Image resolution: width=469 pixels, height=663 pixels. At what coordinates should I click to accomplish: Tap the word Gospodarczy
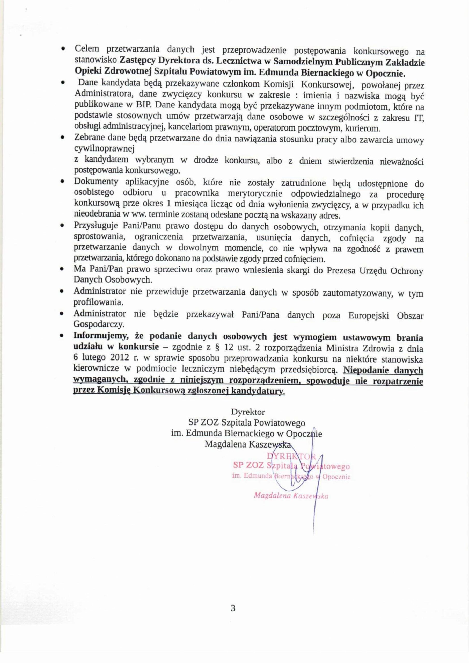(98, 325)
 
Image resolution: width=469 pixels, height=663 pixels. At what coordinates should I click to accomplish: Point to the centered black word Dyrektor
(248, 411)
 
